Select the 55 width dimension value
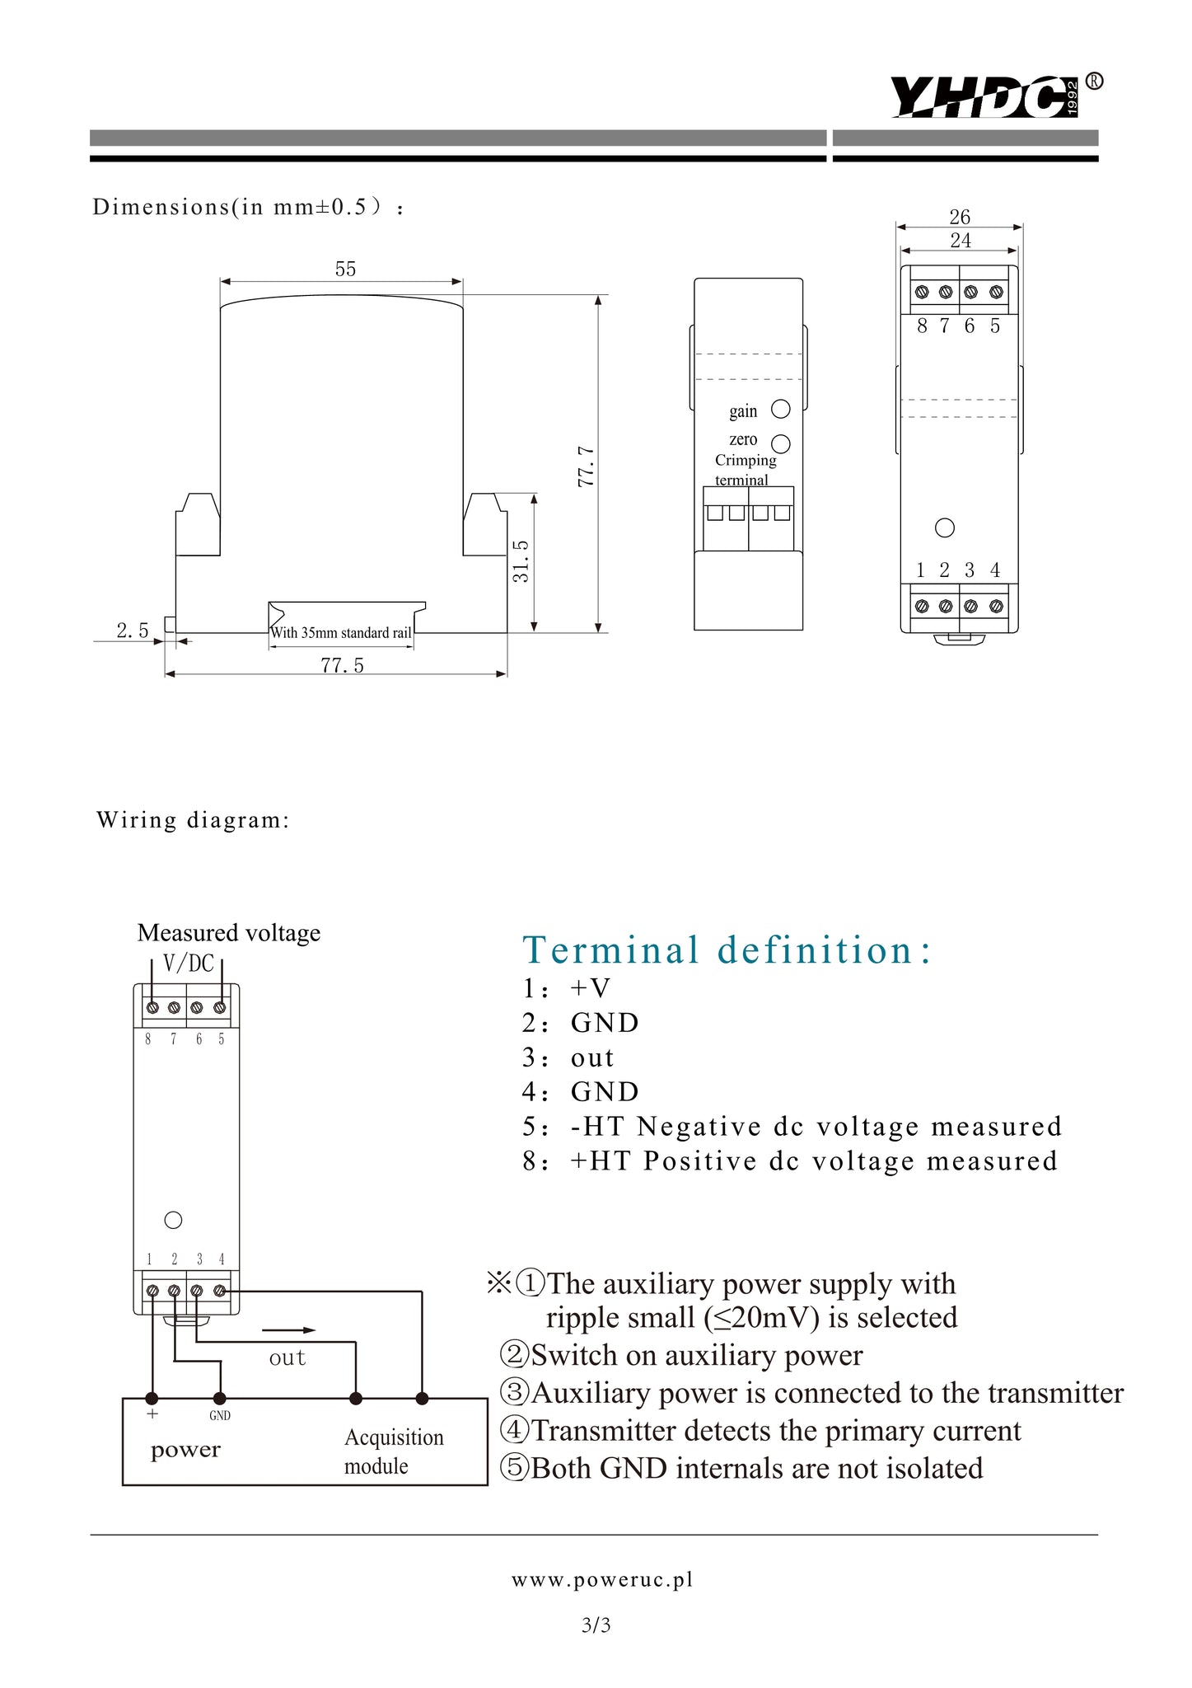(345, 270)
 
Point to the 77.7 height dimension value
(586, 466)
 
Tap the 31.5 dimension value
(521, 561)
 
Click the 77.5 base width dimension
(342, 665)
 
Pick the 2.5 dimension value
(133, 631)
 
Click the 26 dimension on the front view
(960, 217)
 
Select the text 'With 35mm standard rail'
(341, 633)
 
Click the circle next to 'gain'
(780, 409)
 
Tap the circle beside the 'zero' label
(781, 444)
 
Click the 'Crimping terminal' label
(745, 470)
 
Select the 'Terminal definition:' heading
(727, 950)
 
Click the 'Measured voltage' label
(228, 933)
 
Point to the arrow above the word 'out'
(289, 1329)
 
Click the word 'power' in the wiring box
(185, 1450)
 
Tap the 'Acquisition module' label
(393, 1451)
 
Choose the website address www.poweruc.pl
(602, 1579)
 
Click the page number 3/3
(596, 1625)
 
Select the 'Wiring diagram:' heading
(194, 820)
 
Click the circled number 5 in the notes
(514, 1469)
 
